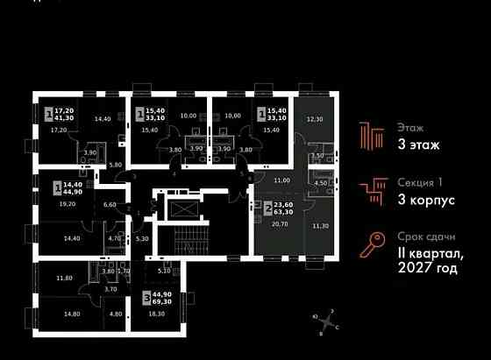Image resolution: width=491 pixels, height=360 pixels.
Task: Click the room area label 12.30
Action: pos(314,119)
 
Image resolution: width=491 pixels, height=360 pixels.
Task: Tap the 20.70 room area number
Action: pos(280,225)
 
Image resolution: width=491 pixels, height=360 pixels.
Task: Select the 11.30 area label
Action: pos(322,225)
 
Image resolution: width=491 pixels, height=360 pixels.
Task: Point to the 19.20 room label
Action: pos(68,203)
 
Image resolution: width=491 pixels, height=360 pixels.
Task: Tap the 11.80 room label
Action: pos(65,278)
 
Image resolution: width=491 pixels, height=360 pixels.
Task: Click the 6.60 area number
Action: pos(110,204)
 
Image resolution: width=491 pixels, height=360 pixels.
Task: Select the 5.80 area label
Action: pos(115,165)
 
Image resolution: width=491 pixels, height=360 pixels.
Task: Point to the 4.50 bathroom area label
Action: pos(320,183)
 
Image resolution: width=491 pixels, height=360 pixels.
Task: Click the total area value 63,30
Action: pos(284,211)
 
